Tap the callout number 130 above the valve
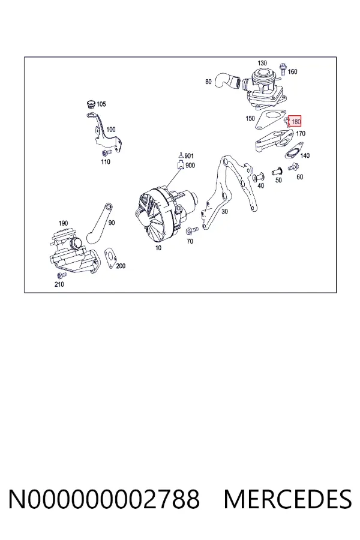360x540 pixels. coord(262,63)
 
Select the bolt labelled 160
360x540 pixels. coord(283,69)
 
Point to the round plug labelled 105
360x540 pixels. coord(91,104)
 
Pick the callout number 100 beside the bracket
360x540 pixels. coord(110,130)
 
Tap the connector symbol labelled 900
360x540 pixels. coord(181,166)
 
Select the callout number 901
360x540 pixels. coord(189,156)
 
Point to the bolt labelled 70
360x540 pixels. coord(192,230)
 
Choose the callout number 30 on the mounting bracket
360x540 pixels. coord(224,211)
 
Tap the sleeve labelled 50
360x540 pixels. coord(277,170)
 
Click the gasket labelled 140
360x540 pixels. coord(293,152)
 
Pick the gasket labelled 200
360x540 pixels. coord(110,258)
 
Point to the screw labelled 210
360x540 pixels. coord(62,275)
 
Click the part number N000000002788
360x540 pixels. coord(104,499)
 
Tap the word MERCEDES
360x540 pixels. coord(287,499)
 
